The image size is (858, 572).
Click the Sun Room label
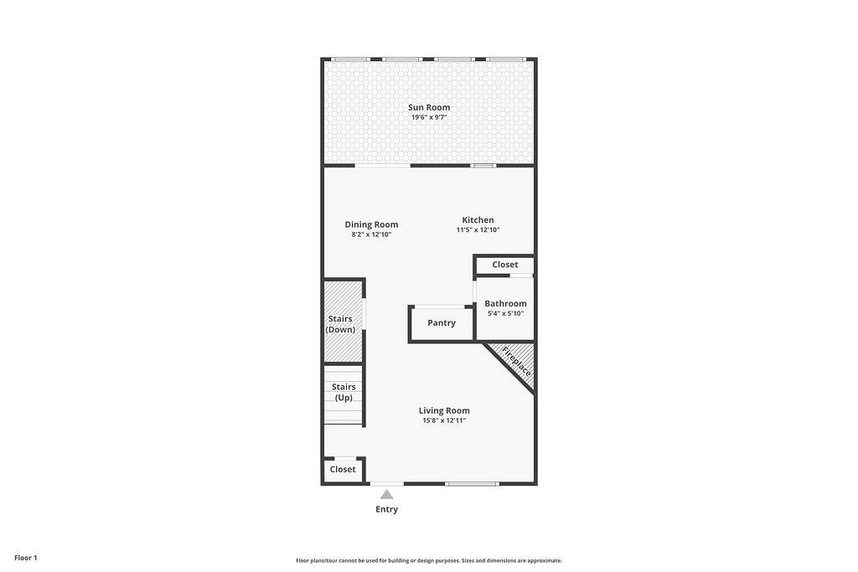(x=429, y=107)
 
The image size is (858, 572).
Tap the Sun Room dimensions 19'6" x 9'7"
(x=429, y=117)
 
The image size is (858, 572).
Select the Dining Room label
(x=371, y=224)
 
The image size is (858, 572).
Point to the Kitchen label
(x=478, y=219)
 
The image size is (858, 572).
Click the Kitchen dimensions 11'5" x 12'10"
(x=478, y=229)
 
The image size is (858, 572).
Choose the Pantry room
(x=441, y=323)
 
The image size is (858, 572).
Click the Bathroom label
(x=505, y=303)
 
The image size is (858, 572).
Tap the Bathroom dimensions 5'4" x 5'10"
(x=505, y=313)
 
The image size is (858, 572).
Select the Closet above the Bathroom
(x=504, y=265)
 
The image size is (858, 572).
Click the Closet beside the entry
(x=343, y=470)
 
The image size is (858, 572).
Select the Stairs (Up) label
(x=344, y=392)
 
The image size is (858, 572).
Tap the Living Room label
(x=444, y=410)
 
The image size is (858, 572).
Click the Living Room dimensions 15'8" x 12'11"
(x=444, y=420)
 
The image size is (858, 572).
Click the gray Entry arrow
(x=387, y=495)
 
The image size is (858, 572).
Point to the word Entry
(x=387, y=509)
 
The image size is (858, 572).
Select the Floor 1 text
(x=26, y=558)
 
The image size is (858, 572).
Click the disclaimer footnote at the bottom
(x=429, y=560)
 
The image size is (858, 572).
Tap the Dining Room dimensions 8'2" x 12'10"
(x=371, y=234)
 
